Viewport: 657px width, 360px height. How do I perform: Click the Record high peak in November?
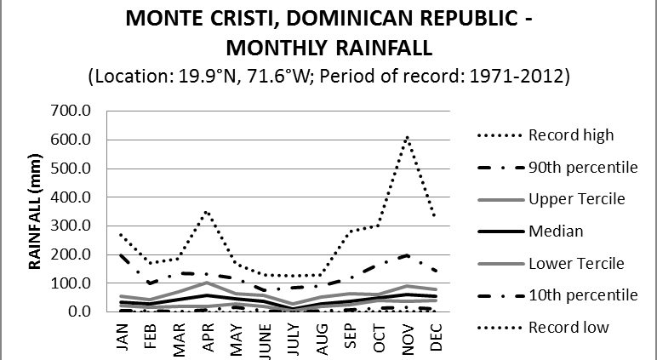(407, 136)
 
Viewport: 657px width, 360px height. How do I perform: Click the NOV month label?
(407, 334)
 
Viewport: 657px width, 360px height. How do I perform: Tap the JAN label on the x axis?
(121, 334)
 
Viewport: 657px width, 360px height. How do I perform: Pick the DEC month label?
(436, 334)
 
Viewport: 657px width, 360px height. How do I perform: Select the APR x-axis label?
(207, 334)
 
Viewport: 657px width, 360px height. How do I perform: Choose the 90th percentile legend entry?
(583, 167)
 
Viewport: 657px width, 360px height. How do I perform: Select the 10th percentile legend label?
(583, 294)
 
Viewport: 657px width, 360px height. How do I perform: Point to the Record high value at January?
(121, 234)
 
